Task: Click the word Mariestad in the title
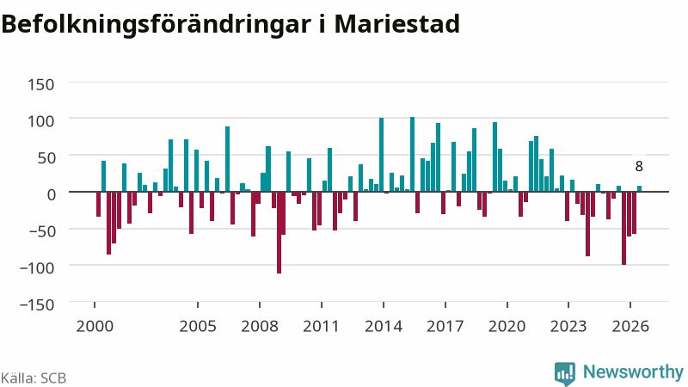pos(397,24)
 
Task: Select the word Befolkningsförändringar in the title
pos(157,25)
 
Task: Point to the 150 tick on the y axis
pos(41,84)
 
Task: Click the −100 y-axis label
pos(37,267)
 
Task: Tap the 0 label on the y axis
pos(52,194)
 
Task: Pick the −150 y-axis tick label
pos(37,304)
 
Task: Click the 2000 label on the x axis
pos(95,327)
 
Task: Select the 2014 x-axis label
pos(384,327)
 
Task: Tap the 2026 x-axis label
pos(630,327)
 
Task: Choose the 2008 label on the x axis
pos(260,327)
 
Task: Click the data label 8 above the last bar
pos(639,166)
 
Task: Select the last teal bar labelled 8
pos(639,188)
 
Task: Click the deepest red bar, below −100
pos(279,232)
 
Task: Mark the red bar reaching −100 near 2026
pos(624,228)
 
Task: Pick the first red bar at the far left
pos(99,204)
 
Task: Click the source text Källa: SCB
pos(34,378)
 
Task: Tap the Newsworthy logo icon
pos(565,374)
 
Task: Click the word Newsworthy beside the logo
pos(633,372)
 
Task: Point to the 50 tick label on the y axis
pos(46,157)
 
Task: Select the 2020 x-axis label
pos(507,327)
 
